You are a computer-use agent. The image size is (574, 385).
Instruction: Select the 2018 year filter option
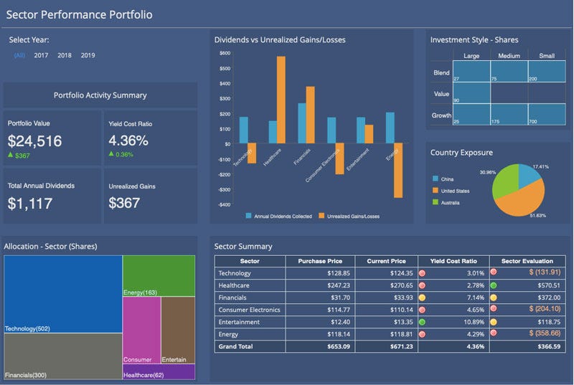tap(65, 55)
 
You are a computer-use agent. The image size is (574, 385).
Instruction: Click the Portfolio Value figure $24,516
tap(34, 141)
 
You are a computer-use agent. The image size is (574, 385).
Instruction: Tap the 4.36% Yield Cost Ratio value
tap(128, 141)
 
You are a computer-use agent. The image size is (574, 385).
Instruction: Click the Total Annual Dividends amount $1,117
tap(30, 204)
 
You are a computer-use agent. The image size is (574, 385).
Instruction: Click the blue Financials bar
tap(302, 123)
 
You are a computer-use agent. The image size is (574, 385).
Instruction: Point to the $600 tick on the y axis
tap(225, 53)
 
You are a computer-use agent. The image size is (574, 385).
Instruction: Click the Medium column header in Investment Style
tap(509, 55)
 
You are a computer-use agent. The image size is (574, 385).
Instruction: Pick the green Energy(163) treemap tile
tap(159, 275)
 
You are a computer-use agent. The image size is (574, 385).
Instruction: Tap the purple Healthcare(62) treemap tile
tap(159, 372)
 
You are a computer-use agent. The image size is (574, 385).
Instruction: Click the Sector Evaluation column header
tap(530, 261)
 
